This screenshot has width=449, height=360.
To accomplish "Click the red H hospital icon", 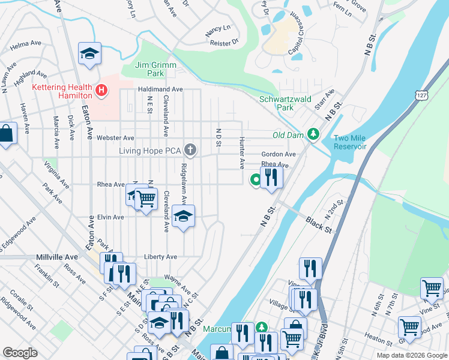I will tap(102, 91).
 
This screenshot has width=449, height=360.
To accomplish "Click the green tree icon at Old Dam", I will tap(312, 134).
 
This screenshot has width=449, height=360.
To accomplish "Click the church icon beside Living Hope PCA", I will tap(190, 149).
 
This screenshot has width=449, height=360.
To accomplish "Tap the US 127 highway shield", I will tap(418, 95).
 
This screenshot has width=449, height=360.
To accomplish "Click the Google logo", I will tap(20, 353).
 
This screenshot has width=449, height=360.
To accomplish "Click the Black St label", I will tap(318, 225).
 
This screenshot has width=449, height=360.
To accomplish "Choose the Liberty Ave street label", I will tap(160, 257).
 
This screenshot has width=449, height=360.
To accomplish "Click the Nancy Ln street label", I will tap(218, 28).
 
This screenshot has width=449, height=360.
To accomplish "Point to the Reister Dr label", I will tap(224, 43).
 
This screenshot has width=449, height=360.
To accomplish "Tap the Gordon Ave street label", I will tap(279, 154).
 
